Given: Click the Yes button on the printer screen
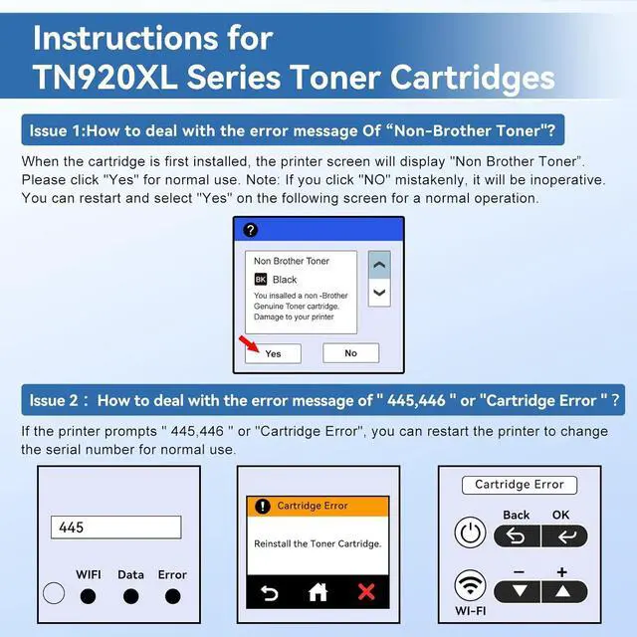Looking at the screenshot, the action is [273, 353].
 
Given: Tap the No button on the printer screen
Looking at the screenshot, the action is [351, 353].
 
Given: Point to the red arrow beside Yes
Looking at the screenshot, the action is [249, 344].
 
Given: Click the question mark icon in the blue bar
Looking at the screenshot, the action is [250, 230].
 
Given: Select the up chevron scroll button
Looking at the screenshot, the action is [379, 265].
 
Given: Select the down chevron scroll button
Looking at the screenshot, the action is [379, 293].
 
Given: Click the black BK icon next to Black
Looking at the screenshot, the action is [261, 280].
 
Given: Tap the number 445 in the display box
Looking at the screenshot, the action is [71, 528].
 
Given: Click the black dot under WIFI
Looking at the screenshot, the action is [88, 596].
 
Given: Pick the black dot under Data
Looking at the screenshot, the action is [130, 596].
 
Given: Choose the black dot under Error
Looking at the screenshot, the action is [172, 596].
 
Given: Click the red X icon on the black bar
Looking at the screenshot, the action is [366, 592].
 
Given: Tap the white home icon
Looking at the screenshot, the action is [318, 592].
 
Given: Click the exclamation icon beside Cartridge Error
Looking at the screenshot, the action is [263, 507].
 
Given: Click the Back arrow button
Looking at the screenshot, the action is [517, 536].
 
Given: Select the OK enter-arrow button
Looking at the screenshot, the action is [564, 536].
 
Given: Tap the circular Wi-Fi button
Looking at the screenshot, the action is [470, 585].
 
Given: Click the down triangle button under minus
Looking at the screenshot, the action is [517, 591].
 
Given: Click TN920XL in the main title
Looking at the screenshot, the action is [106, 78].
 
